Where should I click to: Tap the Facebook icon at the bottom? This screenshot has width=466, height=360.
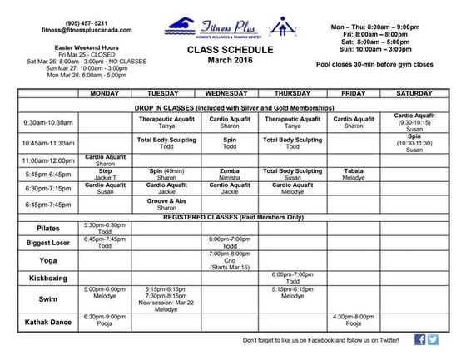420,339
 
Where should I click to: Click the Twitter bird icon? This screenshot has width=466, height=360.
434,339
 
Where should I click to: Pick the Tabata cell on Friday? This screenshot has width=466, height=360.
353,174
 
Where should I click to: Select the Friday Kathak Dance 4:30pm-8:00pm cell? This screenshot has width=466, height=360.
353,320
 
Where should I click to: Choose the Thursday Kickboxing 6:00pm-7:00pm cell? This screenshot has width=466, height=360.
291,277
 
